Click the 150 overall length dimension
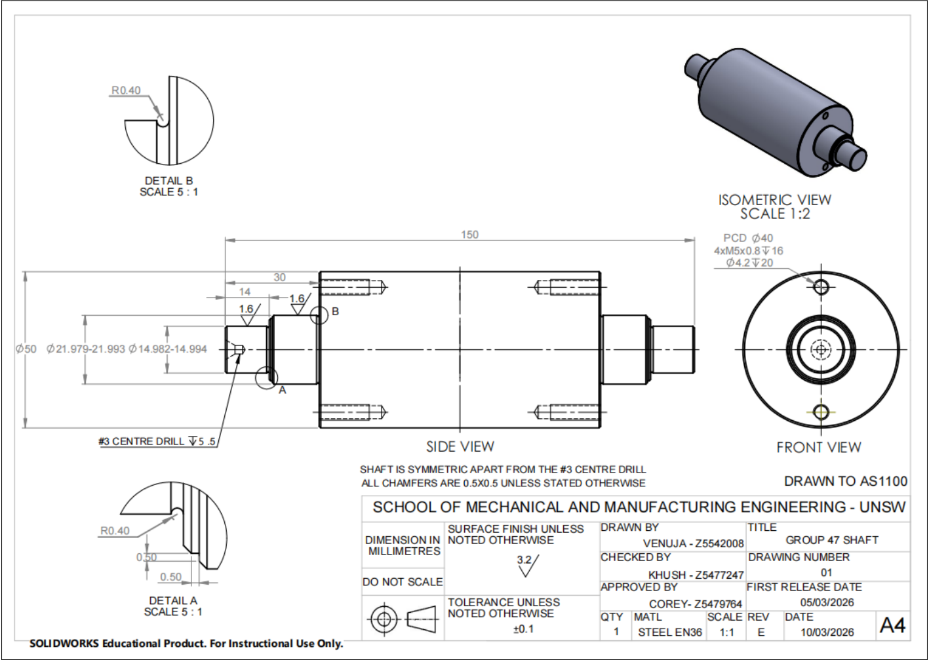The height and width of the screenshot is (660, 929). coord(469,235)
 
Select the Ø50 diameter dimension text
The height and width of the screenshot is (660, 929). coord(26,349)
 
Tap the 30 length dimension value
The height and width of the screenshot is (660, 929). coord(279,277)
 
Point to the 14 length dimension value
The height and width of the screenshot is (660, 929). coord(245,292)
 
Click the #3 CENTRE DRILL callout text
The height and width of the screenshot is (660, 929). coord(157,441)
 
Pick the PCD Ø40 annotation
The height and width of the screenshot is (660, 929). coord(748,238)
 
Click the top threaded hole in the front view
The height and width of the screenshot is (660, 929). coord(821,286)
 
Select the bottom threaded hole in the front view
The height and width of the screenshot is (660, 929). coord(821,412)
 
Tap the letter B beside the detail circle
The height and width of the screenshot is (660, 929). coord(335,311)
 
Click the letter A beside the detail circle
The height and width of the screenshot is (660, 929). coord(282,390)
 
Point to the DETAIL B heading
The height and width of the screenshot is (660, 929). coord(168,181)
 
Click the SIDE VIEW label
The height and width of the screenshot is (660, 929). coord(460,446)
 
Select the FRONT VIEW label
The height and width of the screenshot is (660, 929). coord(819,448)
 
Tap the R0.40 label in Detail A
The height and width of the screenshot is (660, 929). coord(115,531)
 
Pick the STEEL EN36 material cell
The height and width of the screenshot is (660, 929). coord(670,632)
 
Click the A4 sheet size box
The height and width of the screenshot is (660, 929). coord(892,625)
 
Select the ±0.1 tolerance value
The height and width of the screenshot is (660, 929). coord(523,629)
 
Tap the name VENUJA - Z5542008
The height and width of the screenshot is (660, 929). coord(694,543)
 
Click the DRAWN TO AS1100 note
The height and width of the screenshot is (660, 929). coord(846,481)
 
